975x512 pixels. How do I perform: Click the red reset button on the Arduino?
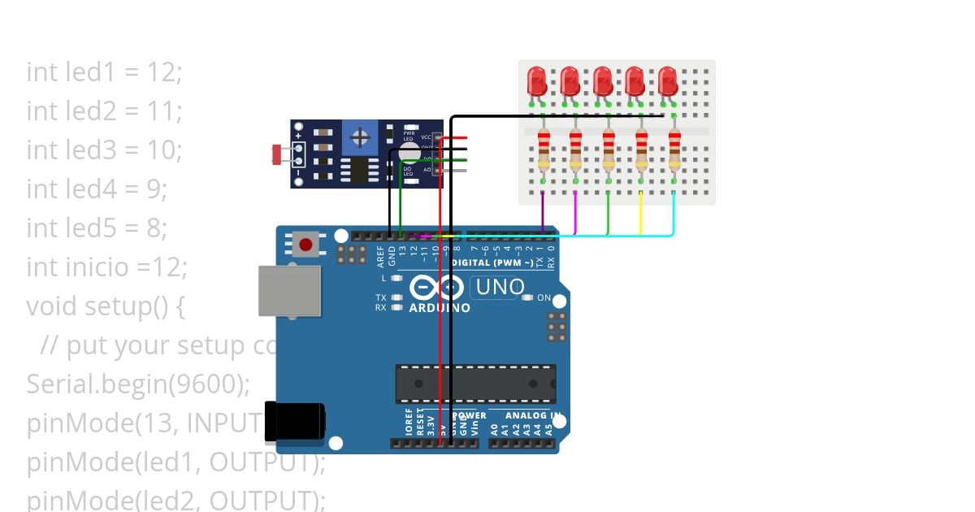(x=305, y=244)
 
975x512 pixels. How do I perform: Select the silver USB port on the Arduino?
(x=289, y=290)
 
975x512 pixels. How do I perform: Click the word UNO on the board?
(x=500, y=287)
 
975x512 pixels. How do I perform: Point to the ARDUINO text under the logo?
(x=440, y=309)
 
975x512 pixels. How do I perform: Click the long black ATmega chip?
(x=476, y=384)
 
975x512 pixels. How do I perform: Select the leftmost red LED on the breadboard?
(x=537, y=81)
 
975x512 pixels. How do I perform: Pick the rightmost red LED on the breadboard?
(x=668, y=81)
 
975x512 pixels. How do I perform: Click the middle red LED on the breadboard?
(x=602, y=81)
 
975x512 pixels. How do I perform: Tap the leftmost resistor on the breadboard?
(x=544, y=150)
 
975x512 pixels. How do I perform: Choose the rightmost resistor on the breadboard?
(x=674, y=150)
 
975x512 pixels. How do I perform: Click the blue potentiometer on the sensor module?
(x=358, y=138)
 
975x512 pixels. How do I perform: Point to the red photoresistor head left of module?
(x=277, y=152)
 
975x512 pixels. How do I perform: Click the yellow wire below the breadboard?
(x=641, y=213)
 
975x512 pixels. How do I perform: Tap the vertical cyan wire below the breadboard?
(x=674, y=213)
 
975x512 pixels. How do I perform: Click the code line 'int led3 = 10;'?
(x=104, y=150)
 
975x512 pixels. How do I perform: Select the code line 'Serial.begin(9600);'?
(x=138, y=384)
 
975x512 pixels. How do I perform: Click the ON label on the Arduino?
(x=544, y=298)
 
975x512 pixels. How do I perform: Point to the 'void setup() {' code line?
(x=106, y=306)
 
